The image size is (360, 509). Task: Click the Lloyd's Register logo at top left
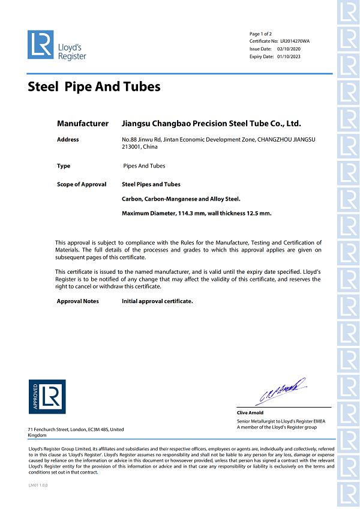(56, 46)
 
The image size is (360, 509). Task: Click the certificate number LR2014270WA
(295, 41)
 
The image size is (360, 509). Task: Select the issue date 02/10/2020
(288, 49)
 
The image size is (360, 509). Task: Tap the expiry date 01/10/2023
(289, 56)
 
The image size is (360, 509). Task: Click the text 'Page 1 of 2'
(260, 34)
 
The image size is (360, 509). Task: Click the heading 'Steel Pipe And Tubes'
(94, 86)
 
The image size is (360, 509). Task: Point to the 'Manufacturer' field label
(83, 123)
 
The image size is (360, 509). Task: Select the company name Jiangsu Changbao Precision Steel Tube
(211, 123)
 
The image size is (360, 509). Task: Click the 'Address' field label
(68, 139)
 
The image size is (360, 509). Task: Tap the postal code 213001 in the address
(131, 146)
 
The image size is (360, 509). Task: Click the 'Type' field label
(64, 166)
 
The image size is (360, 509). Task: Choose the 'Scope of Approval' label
(82, 184)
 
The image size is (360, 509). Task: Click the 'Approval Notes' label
(78, 301)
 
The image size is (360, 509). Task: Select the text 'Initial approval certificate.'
(157, 301)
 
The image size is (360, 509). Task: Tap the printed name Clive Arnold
(251, 413)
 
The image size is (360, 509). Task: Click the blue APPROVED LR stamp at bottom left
(47, 397)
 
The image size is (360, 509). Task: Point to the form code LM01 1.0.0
(38, 485)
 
